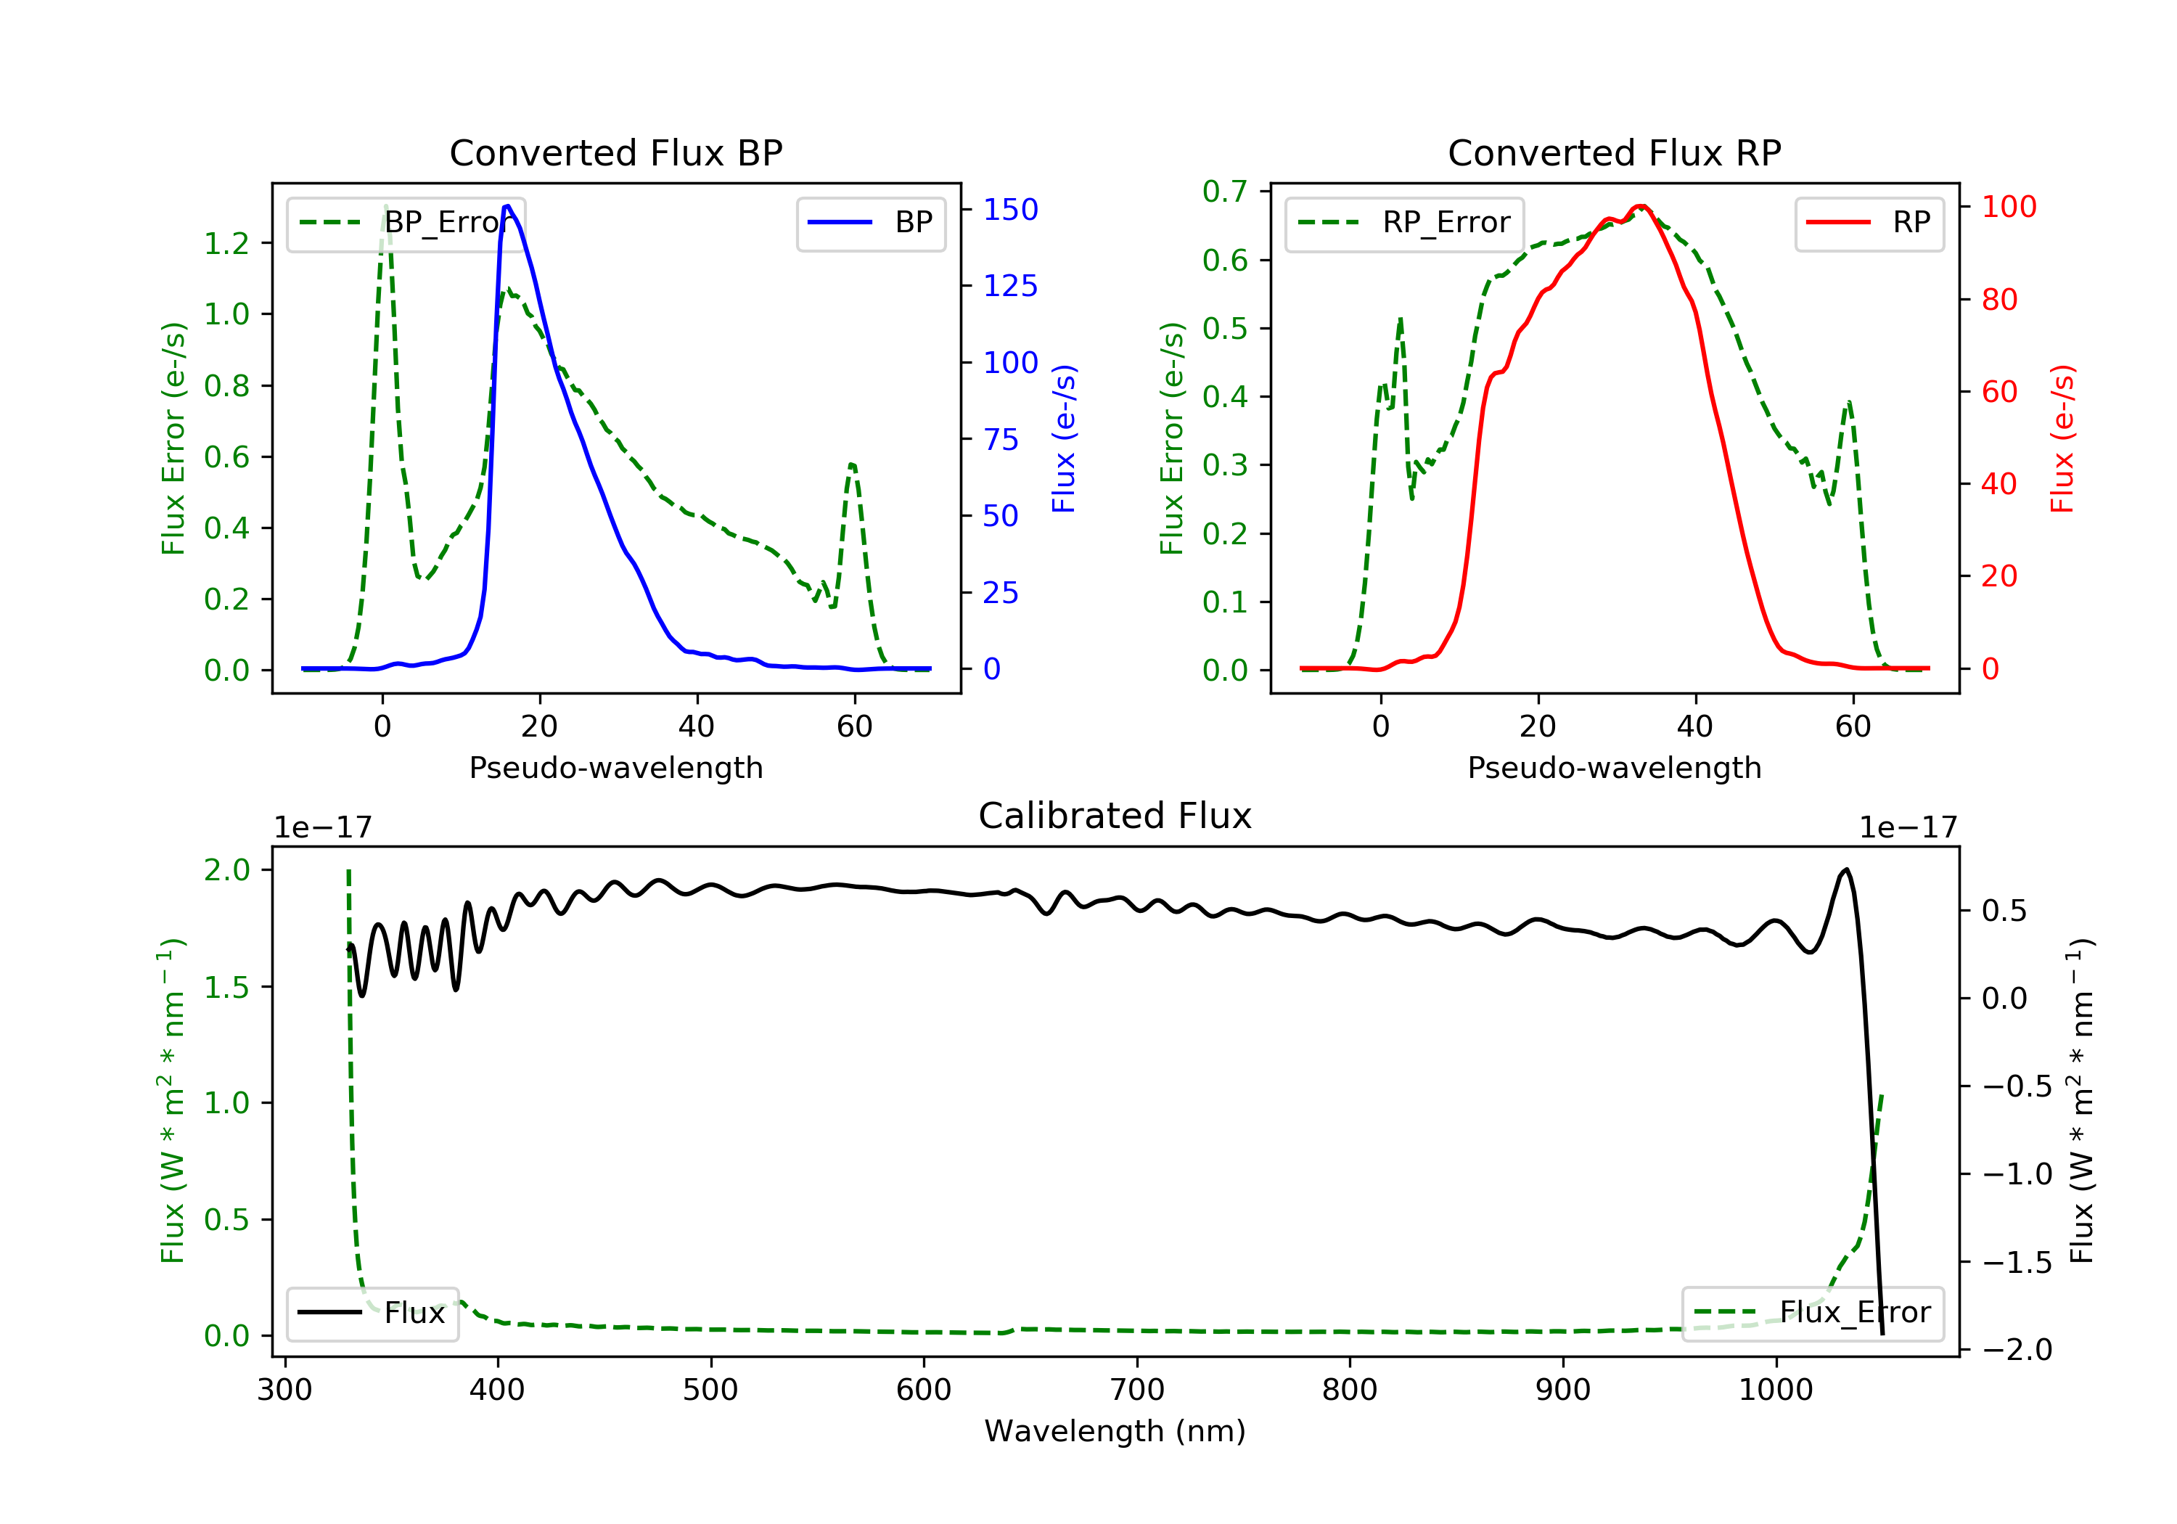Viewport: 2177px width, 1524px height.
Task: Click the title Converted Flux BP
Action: click(615, 152)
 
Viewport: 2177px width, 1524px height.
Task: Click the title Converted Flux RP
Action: click(1614, 152)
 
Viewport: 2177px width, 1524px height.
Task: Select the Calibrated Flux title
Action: click(1115, 816)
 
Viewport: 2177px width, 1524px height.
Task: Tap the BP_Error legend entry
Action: click(405, 223)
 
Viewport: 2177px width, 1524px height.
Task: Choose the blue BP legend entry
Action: click(870, 223)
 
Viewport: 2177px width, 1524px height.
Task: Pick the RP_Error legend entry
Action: click(1403, 223)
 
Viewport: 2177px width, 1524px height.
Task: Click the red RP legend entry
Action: click(1869, 223)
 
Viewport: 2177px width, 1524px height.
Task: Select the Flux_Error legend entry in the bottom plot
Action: click(1812, 1313)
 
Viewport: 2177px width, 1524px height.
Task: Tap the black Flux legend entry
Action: click(372, 1314)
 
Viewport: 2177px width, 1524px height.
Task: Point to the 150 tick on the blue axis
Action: click(1011, 210)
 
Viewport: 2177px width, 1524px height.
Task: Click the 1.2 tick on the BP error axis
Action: click(226, 244)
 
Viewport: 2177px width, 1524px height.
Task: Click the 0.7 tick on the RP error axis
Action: click(1225, 192)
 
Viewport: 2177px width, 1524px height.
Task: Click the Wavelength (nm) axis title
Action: click(1115, 1431)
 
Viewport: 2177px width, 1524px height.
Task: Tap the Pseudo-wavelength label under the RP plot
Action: click(1614, 767)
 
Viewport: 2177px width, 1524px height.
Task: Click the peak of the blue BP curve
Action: click(507, 206)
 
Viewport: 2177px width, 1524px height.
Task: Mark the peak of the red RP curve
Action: click(1641, 206)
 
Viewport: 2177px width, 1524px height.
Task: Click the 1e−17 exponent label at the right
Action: click(1908, 828)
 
